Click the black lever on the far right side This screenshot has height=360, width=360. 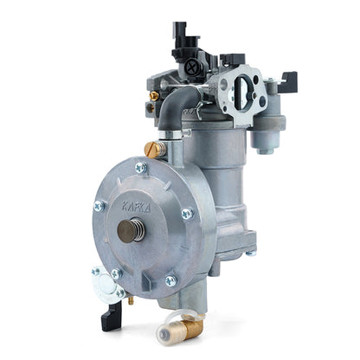coord(288,81)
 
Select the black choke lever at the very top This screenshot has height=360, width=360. coord(180,32)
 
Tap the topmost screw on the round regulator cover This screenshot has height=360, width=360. coord(141,167)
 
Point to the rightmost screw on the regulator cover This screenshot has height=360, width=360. coord(187,213)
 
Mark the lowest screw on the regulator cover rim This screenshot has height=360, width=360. coord(170,280)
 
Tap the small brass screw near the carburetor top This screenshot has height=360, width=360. coord(154,95)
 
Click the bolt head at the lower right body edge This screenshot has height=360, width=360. coord(251,253)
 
